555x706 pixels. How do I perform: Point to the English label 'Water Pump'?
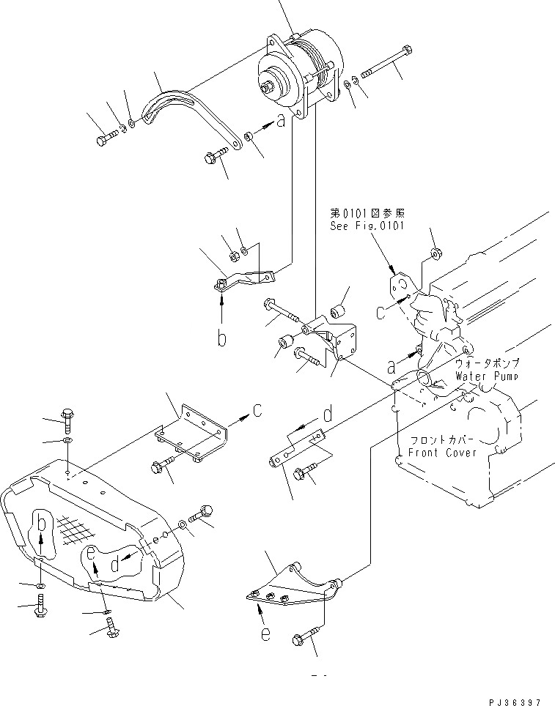click(x=486, y=376)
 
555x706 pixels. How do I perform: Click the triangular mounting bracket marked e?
click(x=290, y=586)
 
